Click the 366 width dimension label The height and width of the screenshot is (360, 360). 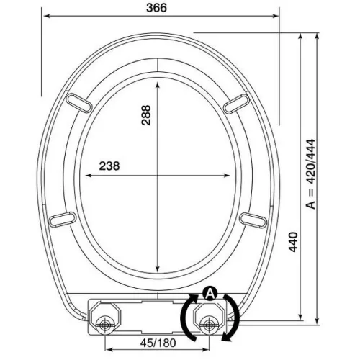tap(156, 8)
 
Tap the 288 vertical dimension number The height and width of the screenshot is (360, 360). tap(146, 115)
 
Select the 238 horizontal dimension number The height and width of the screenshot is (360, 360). tap(109, 166)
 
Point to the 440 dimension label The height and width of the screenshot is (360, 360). tap(293, 242)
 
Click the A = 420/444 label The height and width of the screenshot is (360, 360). tap(310, 174)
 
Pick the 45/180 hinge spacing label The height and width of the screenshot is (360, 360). tap(158, 343)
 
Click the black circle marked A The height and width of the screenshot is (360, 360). tap(210, 293)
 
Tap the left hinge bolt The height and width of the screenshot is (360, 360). tap(104, 325)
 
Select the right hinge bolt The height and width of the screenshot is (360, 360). tap(209, 325)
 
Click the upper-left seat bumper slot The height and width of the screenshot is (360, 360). tap(78, 102)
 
